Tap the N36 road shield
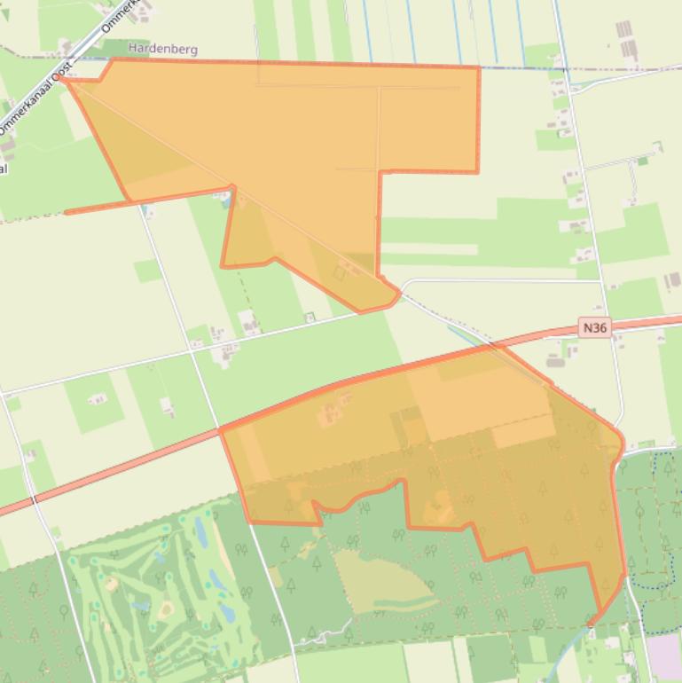pyautogui.click(x=595, y=328)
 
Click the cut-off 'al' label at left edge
pyautogui.click(x=4, y=168)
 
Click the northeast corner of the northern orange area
pyautogui.click(x=479, y=67)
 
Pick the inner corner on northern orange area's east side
pyautogui.click(x=380, y=171)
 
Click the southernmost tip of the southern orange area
pyautogui.click(x=592, y=624)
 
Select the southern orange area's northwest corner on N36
pyautogui.click(x=221, y=430)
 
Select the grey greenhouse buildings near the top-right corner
pyautogui.click(x=626, y=40)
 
